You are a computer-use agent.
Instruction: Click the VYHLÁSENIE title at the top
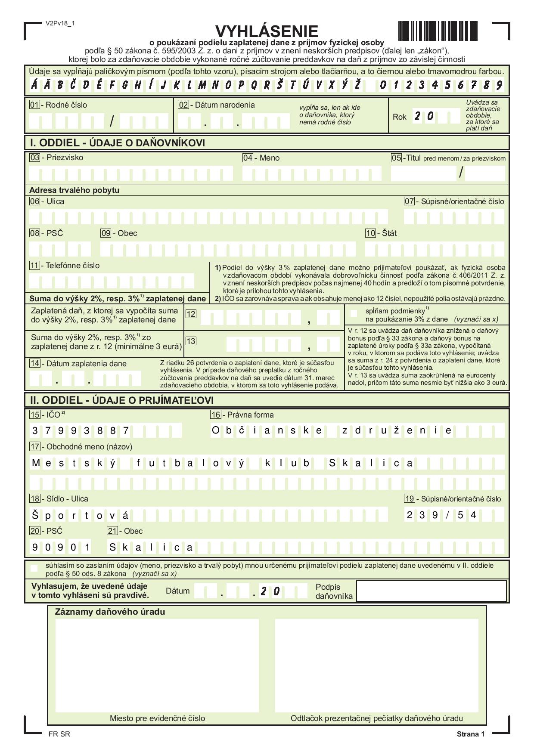267,31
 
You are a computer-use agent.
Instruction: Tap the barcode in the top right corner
438,31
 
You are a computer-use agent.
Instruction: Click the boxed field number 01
34,105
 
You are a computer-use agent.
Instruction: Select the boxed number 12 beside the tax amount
191,314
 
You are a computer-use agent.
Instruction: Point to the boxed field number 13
191,341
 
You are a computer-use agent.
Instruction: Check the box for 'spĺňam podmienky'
354,313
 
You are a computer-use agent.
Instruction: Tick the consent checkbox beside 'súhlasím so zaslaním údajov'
34,569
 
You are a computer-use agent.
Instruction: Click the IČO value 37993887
81,430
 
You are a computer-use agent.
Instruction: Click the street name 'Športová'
81,515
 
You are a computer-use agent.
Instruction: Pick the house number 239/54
441,515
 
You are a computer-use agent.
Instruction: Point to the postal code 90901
61,548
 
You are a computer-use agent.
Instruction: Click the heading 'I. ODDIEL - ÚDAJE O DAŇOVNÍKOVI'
117,143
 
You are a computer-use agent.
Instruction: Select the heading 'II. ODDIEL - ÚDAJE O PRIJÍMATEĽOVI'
121,400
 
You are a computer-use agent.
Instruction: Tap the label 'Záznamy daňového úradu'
110,612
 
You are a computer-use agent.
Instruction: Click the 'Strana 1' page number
471,734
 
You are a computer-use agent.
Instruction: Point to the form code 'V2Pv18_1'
60,23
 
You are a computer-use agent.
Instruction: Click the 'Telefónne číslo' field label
72,266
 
